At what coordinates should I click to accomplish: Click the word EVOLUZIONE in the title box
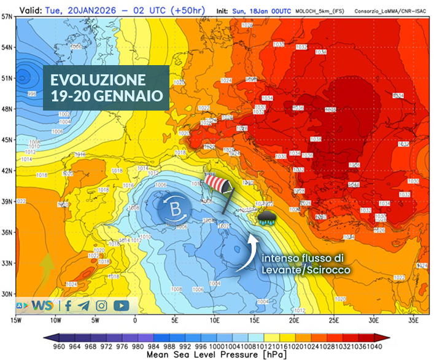point(98,80)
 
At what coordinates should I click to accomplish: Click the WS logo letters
point(42,305)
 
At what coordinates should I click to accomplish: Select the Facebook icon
point(68,305)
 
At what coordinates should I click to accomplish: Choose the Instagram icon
point(101,305)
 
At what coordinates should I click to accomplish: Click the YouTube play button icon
point(121,305)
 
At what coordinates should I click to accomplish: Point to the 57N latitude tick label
point(7,17)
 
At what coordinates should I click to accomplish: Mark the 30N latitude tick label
point(7,294)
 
